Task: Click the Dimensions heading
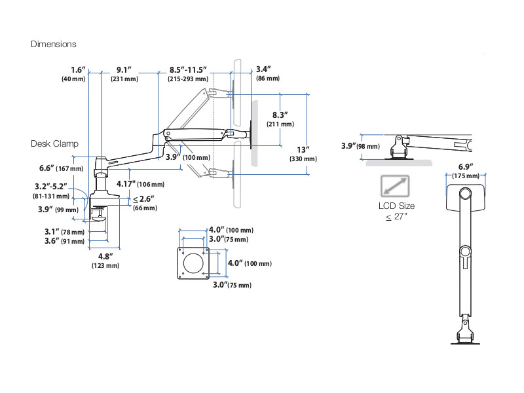(x=54, y=44)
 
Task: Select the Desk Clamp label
(x=54, y=143)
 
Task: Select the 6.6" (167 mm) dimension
(x=59, y=168)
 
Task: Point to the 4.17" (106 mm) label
(x=140, y=184)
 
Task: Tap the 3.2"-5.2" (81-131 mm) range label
(x=51, y=190)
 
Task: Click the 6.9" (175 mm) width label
(x=465, y=171)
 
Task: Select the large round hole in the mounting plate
(x=194, y=263)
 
